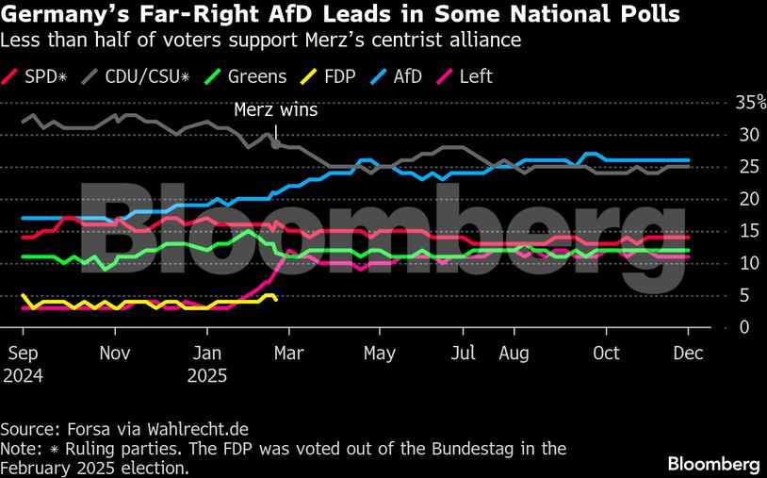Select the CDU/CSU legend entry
135,76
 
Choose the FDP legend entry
339,76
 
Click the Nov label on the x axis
114,353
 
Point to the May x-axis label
379,353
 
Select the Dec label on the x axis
688,353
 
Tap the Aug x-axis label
514,353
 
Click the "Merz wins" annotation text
276,109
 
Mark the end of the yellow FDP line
274,299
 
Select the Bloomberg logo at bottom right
713,464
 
